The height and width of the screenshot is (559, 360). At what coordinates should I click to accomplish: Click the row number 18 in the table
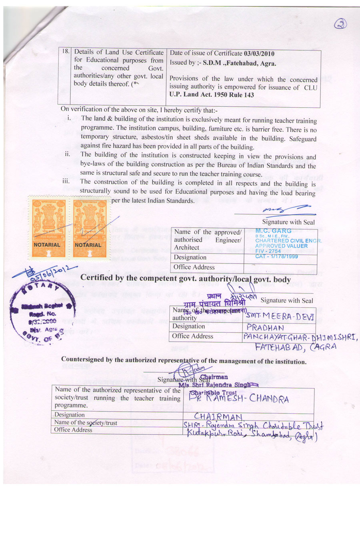pyautogui.click(x=65, y=52)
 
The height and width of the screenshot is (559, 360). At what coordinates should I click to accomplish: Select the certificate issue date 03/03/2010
pyautogui.click(x=259, y=54)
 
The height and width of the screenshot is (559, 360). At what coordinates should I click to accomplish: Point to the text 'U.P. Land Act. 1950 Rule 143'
pyautogui.click(x=212, y=95)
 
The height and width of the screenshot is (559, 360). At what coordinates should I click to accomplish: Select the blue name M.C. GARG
pyautogui.click(x=274, y=231)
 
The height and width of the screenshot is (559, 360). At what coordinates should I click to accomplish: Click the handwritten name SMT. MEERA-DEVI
pyautogui.click(x=280, y=316)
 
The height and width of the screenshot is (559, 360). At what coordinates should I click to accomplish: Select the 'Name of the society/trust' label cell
pyautogui.click(x=86, y=423)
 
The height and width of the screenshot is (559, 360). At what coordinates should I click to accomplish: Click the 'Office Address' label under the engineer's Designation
pyautogui.click(x=194, y=267)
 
